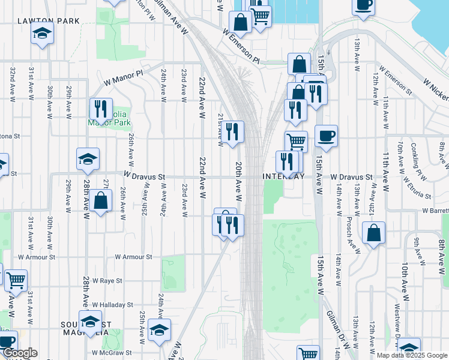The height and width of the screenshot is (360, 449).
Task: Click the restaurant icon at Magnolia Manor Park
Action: click(x=100, y=109)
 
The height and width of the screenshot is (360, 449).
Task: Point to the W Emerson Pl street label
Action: click(x=240, y=46)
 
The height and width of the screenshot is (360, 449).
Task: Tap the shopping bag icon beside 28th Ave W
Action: click(x=101, y=200)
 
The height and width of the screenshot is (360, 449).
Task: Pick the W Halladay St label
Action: click(x=112, y=305)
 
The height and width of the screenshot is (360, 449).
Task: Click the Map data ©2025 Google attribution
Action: click(x=412, y=355)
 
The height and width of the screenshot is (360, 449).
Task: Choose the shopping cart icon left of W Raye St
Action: click(x=16, y=280)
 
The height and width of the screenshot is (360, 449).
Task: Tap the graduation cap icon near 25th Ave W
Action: click(x=159, y=330)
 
